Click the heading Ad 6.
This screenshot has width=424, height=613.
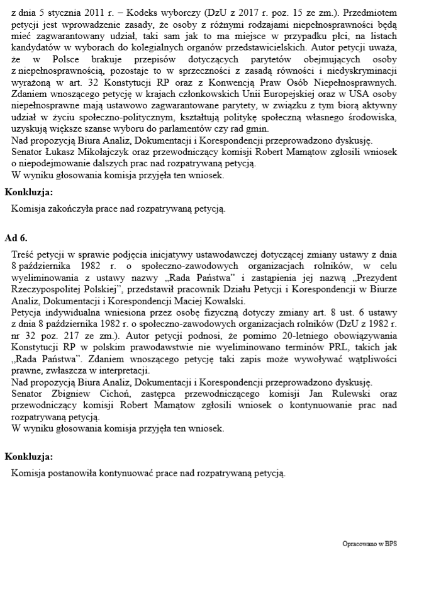tap(16, 238)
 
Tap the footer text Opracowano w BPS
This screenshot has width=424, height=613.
tap(370, 543)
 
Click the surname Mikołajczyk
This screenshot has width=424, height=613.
tap(92, 152)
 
